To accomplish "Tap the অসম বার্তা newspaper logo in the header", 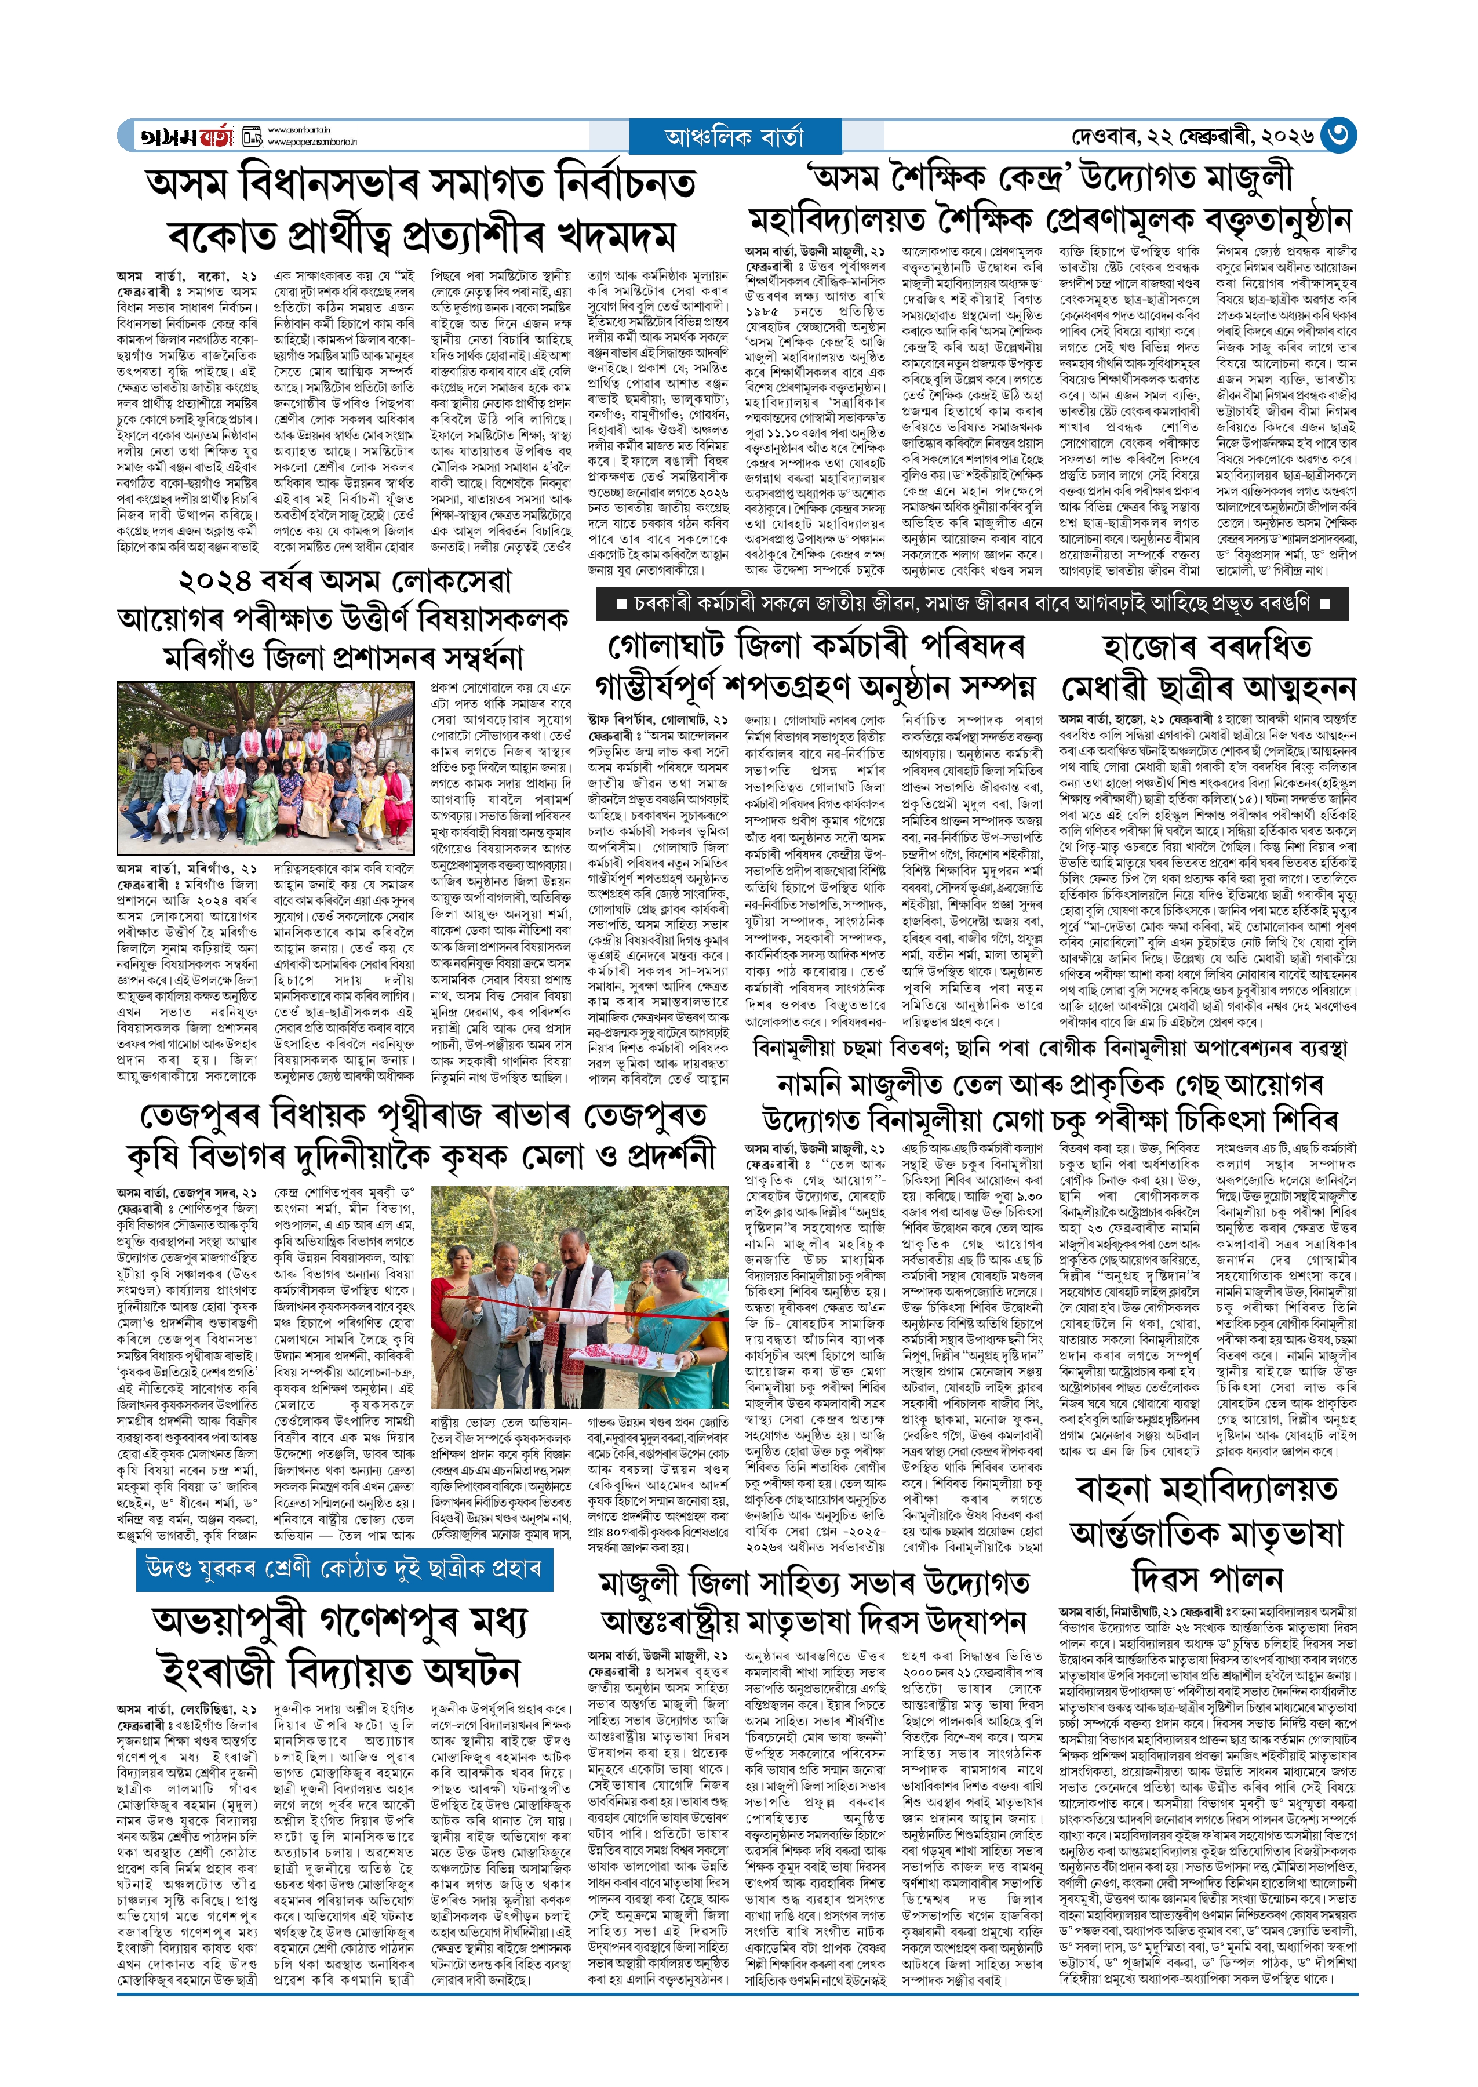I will [x=185, y=136].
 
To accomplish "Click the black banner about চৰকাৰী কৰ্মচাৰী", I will [x=971, y=603].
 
